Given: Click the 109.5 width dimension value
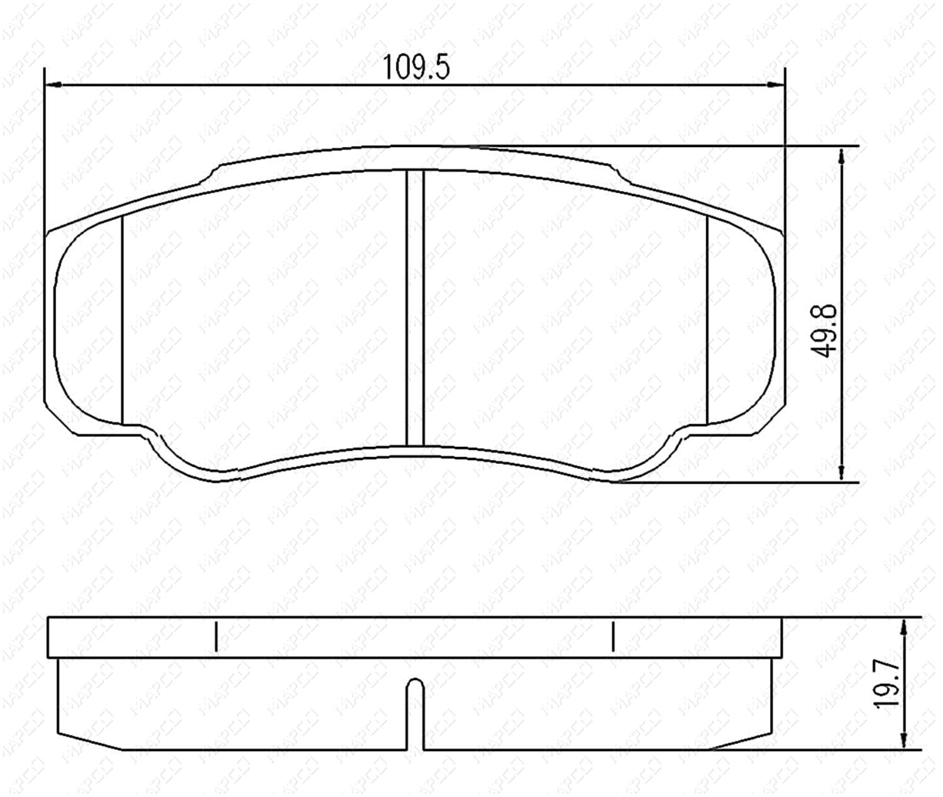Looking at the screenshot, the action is click(416, 67).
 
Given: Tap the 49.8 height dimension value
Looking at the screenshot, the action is click(824, 330).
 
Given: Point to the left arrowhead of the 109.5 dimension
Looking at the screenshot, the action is click(54, 84).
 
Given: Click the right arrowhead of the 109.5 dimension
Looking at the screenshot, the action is click(776, 84).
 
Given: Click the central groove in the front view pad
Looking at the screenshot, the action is click(415, 307).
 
